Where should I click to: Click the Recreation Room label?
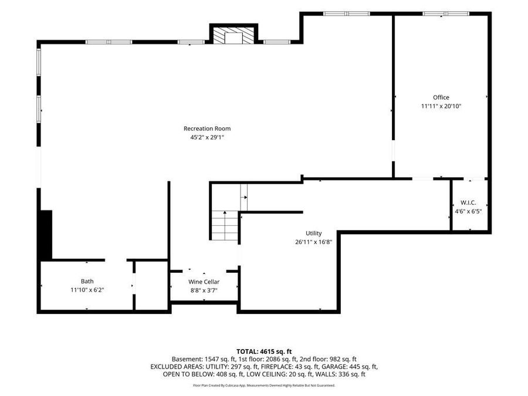tap(207, 128)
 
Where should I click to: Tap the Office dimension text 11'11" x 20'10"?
tap(441, 106)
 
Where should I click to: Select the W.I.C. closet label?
tap(468, 203)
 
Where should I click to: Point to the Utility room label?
tap(313, 233)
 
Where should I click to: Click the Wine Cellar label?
tap(204, 282)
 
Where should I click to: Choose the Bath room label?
tap(87, 281)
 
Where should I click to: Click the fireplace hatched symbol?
tap(233, 35)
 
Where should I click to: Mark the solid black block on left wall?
tap(46, 235)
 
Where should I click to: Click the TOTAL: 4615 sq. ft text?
tap(264, 352)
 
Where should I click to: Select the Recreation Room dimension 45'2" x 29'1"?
tap(207, 137)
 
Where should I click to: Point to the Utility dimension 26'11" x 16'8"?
tap(313, 242)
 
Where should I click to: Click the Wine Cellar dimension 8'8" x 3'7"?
tap(204, 290)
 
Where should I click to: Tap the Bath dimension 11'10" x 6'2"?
tap(87, 290)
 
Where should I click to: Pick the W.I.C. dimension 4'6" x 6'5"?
tap(468, 211)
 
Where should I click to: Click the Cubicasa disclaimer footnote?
tap(264, 385)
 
